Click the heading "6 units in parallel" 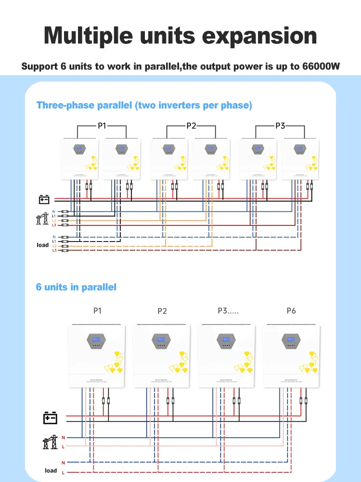pos(76,287)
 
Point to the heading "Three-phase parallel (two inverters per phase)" pos(144,105)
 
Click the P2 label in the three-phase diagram pos(191,126)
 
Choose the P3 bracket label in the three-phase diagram pos(280,126)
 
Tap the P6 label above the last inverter pos(291,311)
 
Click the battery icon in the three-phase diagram pos(44,199)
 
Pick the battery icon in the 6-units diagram pos(51,417)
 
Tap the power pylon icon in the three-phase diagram pos(42,218)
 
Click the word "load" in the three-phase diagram pos(43,245)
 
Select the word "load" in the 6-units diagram pos(51,470)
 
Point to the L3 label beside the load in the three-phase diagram pos(54,251)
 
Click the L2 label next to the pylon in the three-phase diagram pos(54,221)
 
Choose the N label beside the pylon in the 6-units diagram pos(63,437)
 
